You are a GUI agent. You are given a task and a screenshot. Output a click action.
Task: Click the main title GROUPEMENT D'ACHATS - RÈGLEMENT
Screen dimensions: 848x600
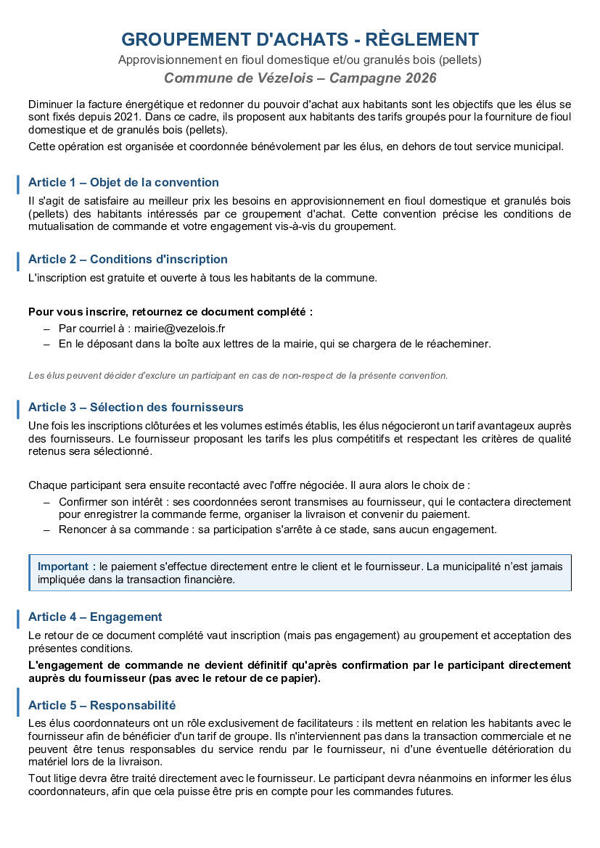click(x=300, y=39)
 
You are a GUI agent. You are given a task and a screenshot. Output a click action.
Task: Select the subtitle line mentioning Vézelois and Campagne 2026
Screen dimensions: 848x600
click(x=300, y=78)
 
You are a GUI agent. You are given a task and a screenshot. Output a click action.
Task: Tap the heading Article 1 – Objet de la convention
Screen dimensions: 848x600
click(x=123, y=182)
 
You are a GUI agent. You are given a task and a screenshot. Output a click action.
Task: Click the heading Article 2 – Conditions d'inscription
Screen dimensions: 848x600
click(x=128, y=259)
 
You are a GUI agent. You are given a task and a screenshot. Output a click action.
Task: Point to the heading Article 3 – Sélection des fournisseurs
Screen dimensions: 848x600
click(x=136, y=407)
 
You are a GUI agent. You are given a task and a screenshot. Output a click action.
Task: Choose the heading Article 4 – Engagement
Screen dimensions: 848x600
click(x=95, y=617)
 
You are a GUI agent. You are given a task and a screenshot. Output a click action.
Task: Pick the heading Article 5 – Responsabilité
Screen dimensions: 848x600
click(x=102, y=705)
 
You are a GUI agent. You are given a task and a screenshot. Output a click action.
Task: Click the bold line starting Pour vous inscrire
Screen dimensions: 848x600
click(x=170, y=312)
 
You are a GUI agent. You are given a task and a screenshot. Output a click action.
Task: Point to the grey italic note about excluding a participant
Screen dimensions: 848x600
click(x=238, y=375)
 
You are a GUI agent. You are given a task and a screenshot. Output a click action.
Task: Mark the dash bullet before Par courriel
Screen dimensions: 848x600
click(x=46, y=329)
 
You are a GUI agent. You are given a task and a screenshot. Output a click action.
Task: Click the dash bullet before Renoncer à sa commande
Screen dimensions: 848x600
click(x=46, y=530)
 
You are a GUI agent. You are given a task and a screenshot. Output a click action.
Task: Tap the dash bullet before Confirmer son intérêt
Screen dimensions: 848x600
click(x=46, y=502)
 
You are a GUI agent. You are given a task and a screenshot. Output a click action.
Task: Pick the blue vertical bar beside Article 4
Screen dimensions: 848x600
click(x=18, y=617)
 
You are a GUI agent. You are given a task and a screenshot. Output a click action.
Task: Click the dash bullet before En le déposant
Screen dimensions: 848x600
click(x=46, y=345)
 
